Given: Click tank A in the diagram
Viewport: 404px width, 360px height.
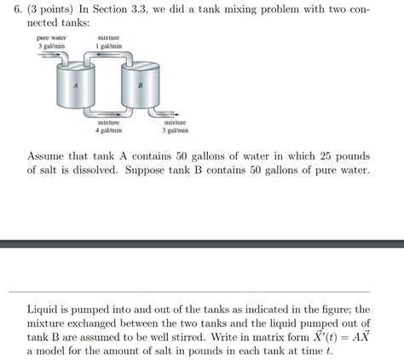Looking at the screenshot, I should coord(75,90).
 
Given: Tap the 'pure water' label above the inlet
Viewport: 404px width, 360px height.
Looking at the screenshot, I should coord(52,38).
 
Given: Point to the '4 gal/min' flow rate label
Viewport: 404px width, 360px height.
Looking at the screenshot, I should coord(108,131).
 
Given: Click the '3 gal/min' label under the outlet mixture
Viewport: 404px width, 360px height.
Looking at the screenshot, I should coord(175,131).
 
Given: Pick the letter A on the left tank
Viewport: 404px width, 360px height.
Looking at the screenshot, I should coord(75,86).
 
